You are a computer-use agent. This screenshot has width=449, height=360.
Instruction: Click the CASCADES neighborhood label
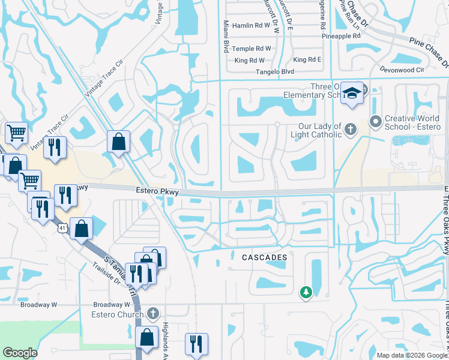[264, 257]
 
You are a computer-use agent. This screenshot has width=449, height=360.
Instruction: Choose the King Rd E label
[307, 60]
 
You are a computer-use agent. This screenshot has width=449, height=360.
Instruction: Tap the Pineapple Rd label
[340, 36]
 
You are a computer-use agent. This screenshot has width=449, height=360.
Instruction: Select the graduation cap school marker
[352, 94]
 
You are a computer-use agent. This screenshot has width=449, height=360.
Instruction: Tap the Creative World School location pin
[376, 122]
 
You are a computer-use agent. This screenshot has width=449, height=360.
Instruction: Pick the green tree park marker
[306, 292]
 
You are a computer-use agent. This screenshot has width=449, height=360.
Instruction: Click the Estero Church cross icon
[153, 313]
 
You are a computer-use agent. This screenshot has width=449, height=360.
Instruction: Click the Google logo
[20, 353]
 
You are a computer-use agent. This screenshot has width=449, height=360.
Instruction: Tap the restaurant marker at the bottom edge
[196, 345]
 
